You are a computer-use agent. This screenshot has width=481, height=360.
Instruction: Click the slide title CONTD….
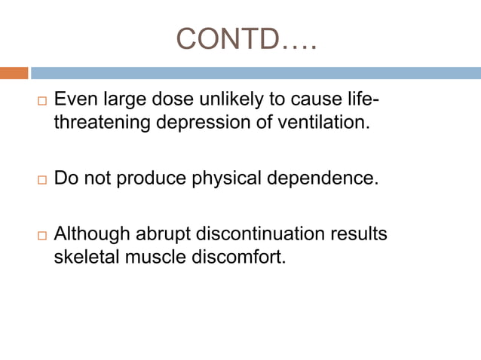(247, 38)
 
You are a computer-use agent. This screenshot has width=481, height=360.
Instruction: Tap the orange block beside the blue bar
(14, 73)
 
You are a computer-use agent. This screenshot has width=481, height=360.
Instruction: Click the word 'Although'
(91, 234)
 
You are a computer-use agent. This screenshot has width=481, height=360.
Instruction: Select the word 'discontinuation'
(259, 234)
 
